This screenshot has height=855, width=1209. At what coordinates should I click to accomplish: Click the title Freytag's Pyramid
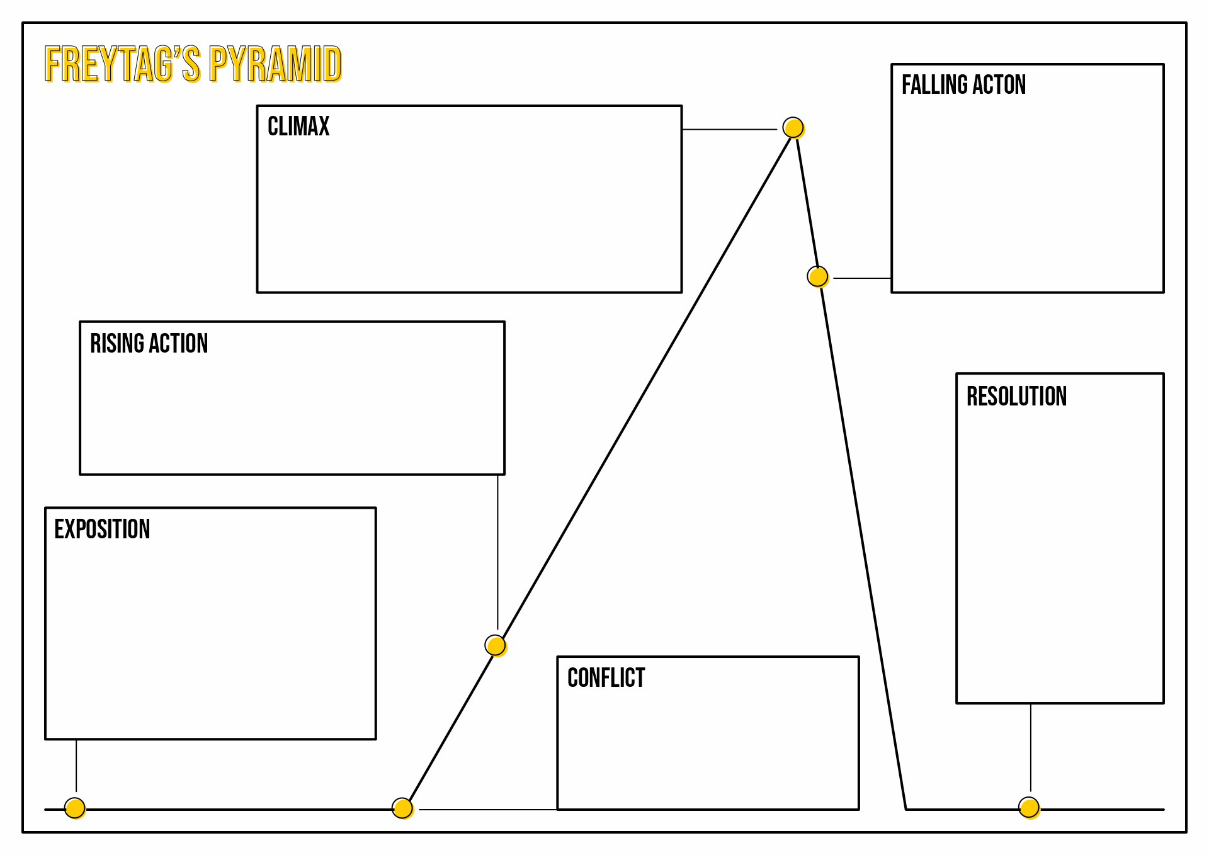[193, 64]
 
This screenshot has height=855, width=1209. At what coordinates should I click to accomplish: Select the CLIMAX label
[298, 126]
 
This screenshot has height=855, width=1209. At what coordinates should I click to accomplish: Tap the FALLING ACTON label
[963, 84]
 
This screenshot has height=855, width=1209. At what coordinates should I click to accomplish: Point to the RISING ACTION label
[149, 344]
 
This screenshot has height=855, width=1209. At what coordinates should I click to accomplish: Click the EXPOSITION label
[102, 529]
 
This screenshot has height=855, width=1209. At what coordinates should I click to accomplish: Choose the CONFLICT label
[606, 678]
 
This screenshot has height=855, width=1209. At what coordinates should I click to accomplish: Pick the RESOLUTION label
[1016, 397]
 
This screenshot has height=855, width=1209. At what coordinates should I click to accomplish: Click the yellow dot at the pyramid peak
[793, 128]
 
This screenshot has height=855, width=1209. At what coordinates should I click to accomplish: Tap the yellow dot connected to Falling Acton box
[818, 276]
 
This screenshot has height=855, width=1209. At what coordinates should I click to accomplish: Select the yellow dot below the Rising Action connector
[496, 645]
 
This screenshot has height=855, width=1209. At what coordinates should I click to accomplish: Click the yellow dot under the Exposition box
[75, 808]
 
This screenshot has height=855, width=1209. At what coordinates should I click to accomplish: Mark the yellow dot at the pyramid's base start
[402, 808]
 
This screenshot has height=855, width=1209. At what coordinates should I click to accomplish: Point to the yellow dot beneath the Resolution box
[1029, 807]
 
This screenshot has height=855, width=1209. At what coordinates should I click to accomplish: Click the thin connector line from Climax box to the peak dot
[729, 130]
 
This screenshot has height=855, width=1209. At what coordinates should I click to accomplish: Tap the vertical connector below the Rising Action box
[497, 552]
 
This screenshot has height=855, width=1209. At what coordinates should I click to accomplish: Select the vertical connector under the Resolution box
[1031, 747]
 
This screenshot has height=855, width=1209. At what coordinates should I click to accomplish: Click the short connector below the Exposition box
[76, 766]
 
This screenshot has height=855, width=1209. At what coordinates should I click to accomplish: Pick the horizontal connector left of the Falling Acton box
[862, 278]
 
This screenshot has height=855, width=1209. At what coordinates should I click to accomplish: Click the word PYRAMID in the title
[275, 64]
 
